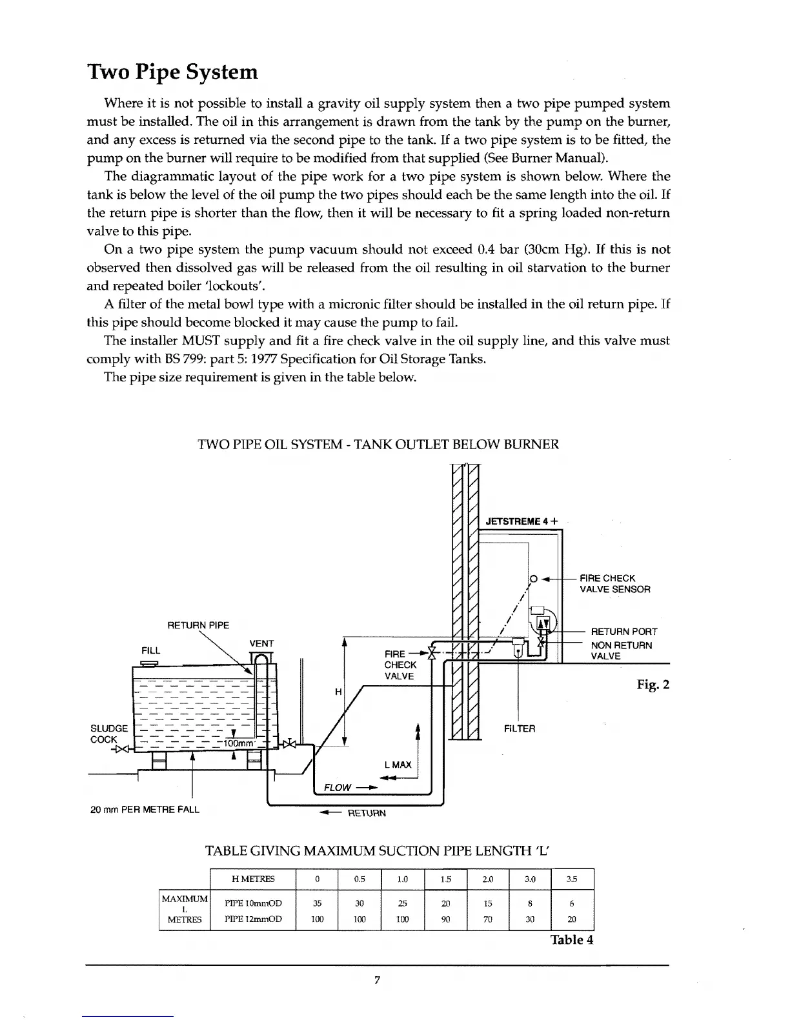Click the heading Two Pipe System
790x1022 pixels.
172,72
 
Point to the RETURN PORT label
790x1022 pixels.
624,632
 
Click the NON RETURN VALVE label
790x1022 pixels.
621,650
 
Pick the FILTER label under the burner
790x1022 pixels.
519,728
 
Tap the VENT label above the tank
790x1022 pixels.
261,643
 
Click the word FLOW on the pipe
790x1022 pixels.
338,787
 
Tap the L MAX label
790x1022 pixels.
398,765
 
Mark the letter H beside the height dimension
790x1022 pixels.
338,692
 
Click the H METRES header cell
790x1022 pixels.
252,879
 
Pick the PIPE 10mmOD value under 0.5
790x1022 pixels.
360,903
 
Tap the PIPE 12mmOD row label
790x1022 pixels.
252,919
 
